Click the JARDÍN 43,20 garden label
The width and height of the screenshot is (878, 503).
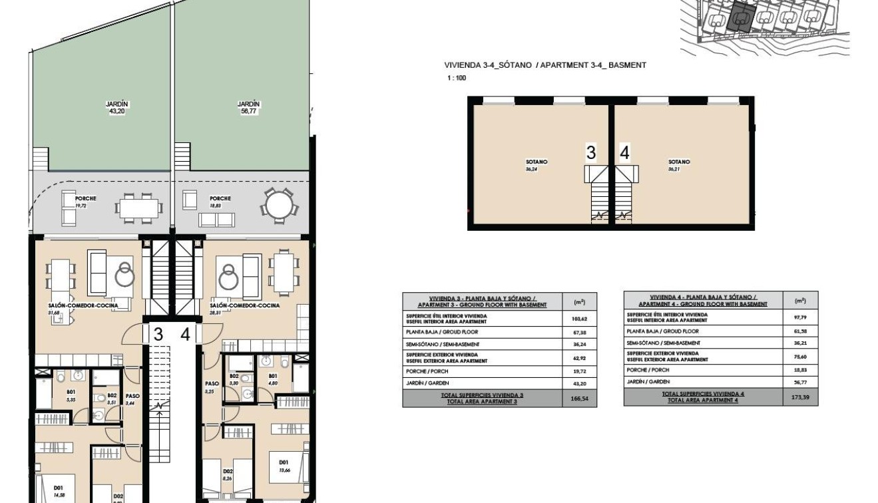click(116, 108)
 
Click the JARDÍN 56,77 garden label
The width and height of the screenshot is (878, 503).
click(248, 108)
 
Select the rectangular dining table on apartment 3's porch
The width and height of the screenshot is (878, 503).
click(139, 208)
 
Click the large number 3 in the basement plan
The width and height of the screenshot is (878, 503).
click(590, 152)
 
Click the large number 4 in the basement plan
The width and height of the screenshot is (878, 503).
click(624, 152)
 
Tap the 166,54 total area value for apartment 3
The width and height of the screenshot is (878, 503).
click(579, 399)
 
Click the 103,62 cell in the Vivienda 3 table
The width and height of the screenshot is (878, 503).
click(579, 319)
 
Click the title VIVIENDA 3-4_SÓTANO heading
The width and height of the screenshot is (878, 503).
click(545, 65)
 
